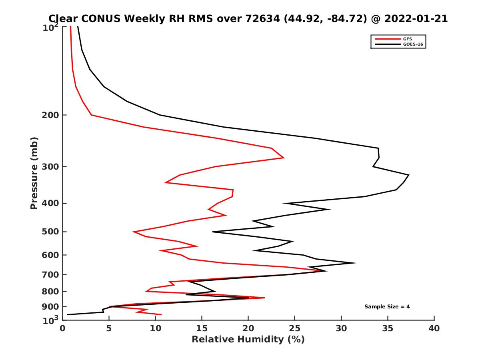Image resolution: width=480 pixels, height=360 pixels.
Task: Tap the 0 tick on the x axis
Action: point(62,328)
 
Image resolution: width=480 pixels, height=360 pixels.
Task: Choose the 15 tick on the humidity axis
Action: point(202,328)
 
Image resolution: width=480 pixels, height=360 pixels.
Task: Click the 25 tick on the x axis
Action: point(295,328)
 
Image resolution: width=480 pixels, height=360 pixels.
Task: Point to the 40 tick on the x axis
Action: point(434,328)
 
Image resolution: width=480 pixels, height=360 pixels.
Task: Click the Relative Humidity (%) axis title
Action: point(248,340)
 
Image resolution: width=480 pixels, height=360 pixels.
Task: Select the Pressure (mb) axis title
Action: point(34,173)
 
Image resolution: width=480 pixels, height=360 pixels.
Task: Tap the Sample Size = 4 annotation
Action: point(387,307)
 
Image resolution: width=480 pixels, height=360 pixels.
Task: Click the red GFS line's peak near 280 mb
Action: point(284,158)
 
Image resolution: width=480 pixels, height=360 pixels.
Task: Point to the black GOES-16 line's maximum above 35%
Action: point(408,175)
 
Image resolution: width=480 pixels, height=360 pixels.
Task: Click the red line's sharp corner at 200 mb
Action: point(92,115)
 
